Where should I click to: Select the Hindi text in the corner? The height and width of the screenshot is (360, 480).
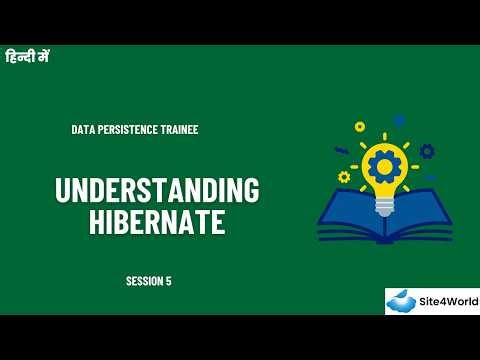[x=27, y=57]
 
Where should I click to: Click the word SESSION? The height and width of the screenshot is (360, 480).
[x=145, y=281]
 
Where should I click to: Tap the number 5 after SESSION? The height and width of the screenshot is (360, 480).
[x=169, y=281]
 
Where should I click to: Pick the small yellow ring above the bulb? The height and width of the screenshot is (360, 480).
[x=360, y=127]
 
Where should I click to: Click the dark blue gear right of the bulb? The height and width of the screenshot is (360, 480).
[x=427, y=152]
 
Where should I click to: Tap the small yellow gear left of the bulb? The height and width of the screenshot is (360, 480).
[x=344, y=177]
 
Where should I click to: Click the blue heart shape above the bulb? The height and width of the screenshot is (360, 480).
[x=399, y=121]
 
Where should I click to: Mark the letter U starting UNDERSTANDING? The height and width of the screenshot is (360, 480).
[x=62, y=191]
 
